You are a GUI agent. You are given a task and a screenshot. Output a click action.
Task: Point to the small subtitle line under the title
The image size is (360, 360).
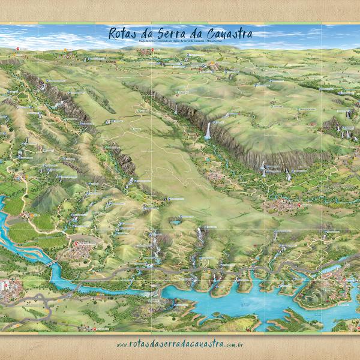[x=180, y=42]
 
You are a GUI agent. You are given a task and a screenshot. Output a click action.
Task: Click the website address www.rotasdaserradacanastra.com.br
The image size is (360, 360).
[x=180, y=344]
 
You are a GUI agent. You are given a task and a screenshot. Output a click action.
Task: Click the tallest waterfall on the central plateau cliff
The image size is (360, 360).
[x=208, y=131]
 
